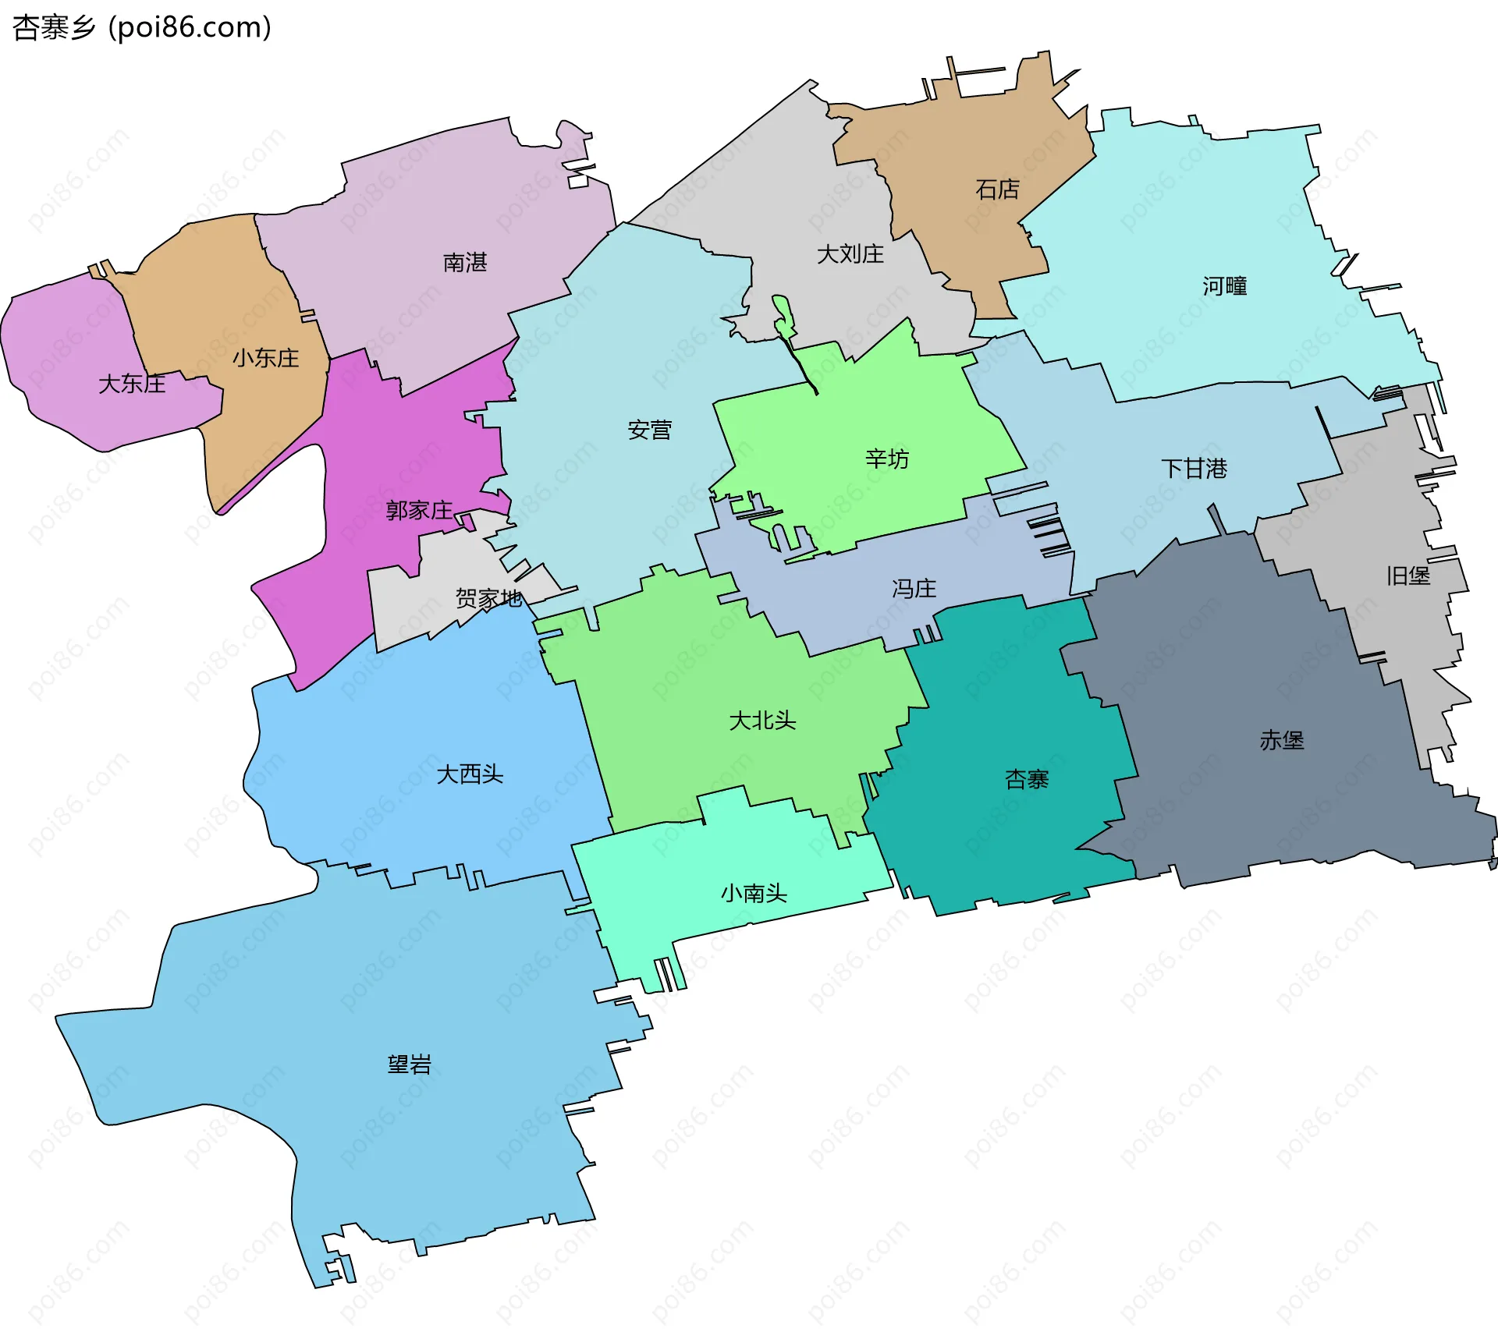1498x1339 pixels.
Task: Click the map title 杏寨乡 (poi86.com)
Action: (x=142, y=27)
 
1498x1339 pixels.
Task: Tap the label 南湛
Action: (x=465, y=262)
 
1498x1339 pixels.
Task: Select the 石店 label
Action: (x=997, y=190)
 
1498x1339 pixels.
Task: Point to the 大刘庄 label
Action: (x=850, y=254)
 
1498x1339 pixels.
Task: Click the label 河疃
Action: (x=1224, y=286)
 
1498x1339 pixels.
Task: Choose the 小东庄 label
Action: (x=265, y=358)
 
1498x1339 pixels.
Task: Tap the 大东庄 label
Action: (x=132, y=384)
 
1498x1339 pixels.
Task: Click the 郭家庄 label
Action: (x=419, y=511)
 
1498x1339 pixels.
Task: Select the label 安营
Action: (x=649, y=430)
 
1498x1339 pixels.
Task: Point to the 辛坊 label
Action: (x=887, y=459)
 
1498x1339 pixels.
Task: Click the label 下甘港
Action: (x=1194, y=468)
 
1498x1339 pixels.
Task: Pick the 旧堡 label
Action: (x=1407, y=576)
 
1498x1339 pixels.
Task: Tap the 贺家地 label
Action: (x=488, y=598)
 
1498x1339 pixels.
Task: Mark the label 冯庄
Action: (x=914, y=588)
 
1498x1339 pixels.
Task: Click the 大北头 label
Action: (x=762, y=720)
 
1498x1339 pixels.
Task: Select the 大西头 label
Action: (x=470, y=774)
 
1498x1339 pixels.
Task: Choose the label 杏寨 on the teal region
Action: (x=1027, y=778)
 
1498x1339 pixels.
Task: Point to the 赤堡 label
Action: (x=1282, y=739)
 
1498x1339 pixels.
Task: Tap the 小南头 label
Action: (x=754, y=892)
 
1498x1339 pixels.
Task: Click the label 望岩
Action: (x=410, y=1064)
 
